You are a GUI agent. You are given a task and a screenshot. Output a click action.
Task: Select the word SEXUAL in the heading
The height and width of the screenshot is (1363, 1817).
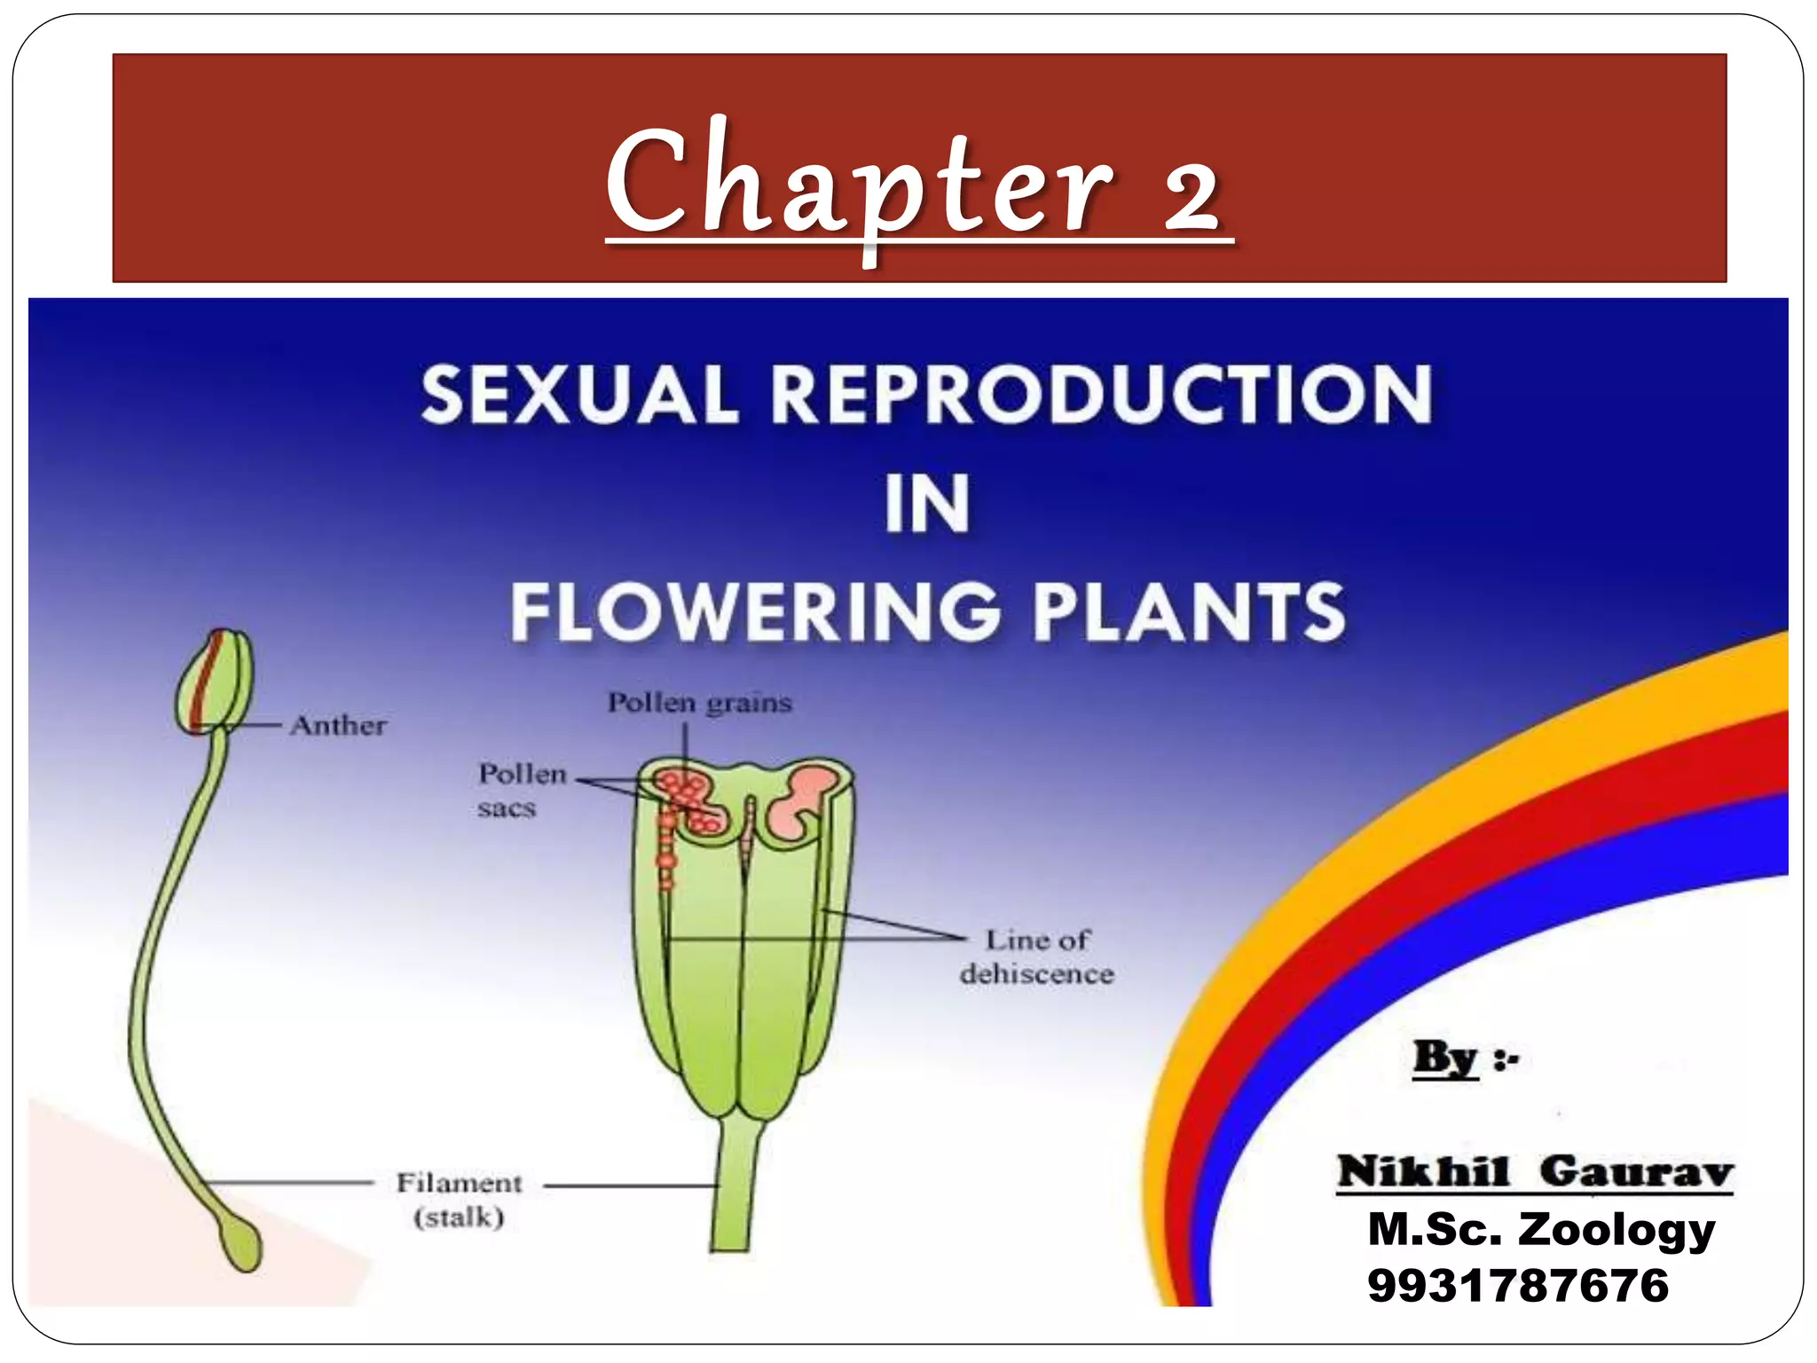pyautogui.click(x=579, y=395)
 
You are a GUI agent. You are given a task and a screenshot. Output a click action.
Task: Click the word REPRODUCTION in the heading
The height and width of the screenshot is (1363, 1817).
pyautogui.click(x=1101, y=395)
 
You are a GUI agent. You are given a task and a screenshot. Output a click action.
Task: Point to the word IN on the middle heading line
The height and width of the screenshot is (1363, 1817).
pyautogui.click(x=926, y=503)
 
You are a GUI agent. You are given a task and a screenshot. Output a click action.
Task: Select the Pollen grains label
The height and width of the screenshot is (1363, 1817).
pyautogui.click(x=699, y=703)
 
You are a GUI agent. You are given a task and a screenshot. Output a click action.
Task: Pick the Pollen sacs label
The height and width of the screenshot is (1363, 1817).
pyautogui.click(x=521, y=790)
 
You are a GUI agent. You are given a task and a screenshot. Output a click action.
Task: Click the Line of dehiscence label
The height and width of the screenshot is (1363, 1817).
pyautogui.click(x=1036, y=957)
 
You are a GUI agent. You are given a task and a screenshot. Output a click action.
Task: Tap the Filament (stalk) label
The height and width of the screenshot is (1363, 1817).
pyautogui.click(x=459, y=1199)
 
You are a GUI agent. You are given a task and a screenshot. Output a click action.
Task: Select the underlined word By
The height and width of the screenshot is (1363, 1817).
pyautogui.click(x=1444, y=1057)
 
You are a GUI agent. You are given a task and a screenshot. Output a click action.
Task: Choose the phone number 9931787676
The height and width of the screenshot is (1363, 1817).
pyautogui.click(x=1517, y=1285)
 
